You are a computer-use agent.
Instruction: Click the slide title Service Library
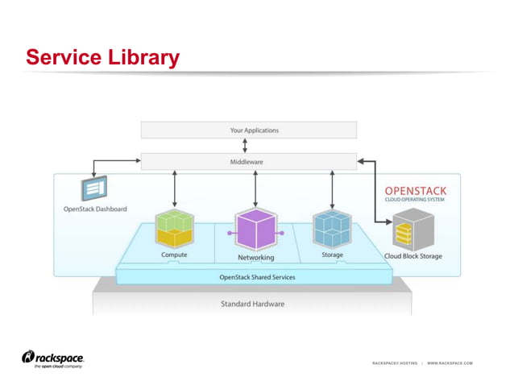click(x=102, y=57)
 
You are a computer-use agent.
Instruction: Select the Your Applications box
click(x=248, y=130)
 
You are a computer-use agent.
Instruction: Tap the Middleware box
click(x=248, y=162)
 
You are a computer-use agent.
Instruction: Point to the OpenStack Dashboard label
click(x=95, y=209)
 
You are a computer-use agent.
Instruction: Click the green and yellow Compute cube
click(x=175, y=229)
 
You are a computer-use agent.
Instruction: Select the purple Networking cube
click(x=255, y=230)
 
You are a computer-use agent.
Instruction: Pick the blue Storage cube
click(x=332, y=229)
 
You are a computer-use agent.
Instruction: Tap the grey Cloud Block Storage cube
click(x=412, y=229)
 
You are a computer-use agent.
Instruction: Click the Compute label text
click(x=174, y=255)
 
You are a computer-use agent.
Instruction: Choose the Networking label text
click(x=255, y=258)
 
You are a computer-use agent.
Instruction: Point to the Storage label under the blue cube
click(x=332, y=255)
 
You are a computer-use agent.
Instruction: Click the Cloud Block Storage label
click(x=412, y=257)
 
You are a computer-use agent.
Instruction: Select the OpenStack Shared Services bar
click(x=257, y=277)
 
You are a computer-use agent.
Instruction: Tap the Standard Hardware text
click(x=252, y=304)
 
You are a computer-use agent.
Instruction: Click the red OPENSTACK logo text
click(x=415, y=191)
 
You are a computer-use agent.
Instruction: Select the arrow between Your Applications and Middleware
click(x=245, y=146)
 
